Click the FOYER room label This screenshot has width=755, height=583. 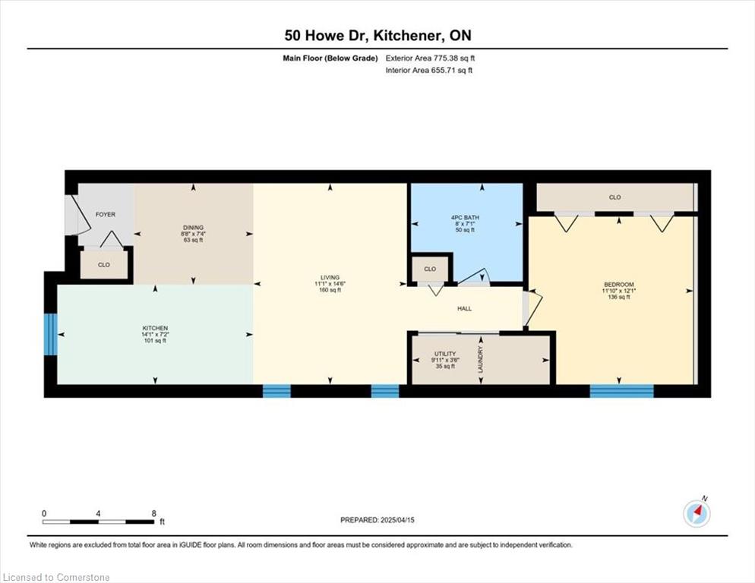tap(106, 215)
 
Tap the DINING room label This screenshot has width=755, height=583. tap(193, 228)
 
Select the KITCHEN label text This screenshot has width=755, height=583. tap(155, 329)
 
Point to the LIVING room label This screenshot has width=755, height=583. tap(330, 278)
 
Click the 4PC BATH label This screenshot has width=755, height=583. tap(465, 218)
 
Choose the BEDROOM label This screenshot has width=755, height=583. tap(619, 285)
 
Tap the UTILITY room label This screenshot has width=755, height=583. tap(445, 354)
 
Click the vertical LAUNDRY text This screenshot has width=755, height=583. tap(480, 359)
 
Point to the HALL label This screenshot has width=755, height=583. tap(465, 309)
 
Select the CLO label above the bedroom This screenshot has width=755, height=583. tap(615, 197)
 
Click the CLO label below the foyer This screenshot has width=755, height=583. tap(103, 265)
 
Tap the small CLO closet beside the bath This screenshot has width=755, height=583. tap(430, 269)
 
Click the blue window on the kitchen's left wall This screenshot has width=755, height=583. tap(51, 335)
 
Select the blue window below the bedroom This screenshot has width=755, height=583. tap(621, 391)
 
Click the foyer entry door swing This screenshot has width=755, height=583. tap(78, 214)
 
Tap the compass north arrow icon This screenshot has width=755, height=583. tap(697, 514)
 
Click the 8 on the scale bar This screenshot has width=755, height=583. tap(154, 513)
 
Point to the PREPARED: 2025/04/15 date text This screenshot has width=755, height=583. tap(377, 520)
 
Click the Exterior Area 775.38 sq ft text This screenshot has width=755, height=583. tap(430, 58)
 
